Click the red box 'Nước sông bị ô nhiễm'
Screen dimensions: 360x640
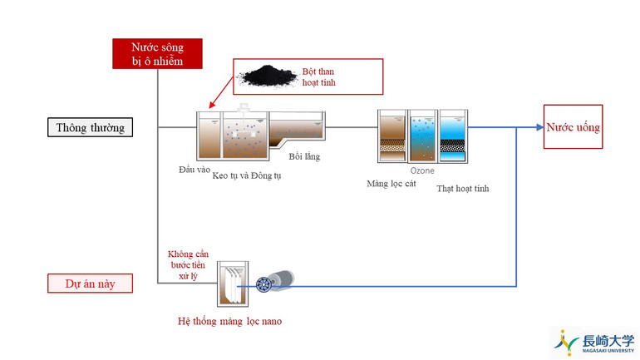[157, 53]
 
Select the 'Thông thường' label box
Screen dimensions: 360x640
[91, 128]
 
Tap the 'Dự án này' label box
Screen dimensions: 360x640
[91, 284]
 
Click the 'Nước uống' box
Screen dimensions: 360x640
[573, 127]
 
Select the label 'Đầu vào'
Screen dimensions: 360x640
[194, 170]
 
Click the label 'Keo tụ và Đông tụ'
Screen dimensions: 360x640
[247, 176]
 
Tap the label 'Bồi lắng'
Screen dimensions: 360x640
[304, 156]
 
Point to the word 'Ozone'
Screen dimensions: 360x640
[422, 170]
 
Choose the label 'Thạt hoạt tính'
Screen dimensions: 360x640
[463, 189]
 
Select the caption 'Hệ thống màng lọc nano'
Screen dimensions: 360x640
[229, 320]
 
